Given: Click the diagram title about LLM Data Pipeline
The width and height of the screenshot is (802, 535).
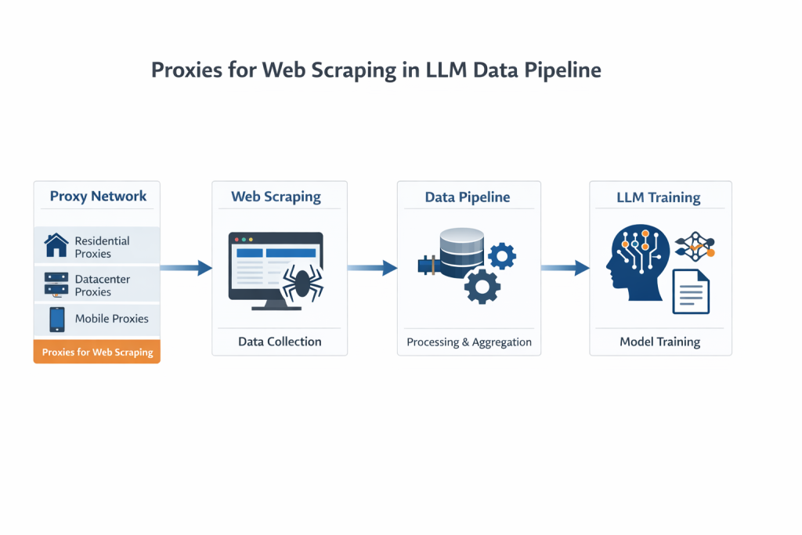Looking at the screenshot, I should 376,70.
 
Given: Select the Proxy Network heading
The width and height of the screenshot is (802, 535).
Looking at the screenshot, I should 98,196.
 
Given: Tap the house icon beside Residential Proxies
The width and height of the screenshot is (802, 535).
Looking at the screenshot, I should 56,246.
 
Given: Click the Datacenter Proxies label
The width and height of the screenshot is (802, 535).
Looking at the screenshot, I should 103,285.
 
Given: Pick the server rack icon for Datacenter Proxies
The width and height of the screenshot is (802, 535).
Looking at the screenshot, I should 56,284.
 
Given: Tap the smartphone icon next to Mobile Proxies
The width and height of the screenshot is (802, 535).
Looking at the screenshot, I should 56,319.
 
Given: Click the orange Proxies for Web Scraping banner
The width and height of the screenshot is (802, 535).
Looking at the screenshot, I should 97,352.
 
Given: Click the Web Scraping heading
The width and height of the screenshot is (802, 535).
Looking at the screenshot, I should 276,196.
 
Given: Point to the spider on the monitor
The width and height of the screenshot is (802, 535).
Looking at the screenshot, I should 301,284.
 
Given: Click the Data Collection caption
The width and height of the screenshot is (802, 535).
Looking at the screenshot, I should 280,342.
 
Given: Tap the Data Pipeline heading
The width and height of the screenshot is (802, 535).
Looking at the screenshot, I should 468,197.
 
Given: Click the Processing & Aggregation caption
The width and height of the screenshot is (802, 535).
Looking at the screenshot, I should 468,342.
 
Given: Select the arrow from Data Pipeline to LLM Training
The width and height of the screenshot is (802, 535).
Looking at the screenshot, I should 565,268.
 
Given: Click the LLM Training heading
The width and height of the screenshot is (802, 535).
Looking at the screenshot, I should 659,197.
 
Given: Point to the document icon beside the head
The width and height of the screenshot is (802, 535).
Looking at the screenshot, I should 690,291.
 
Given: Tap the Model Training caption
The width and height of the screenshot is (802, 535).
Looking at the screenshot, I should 659,342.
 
